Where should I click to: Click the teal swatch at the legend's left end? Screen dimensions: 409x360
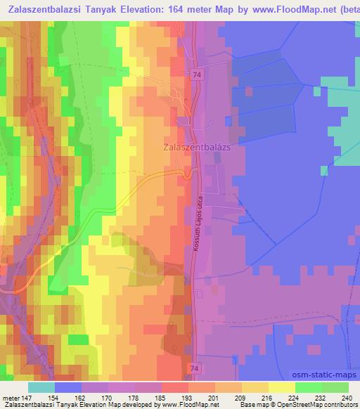pyautogui.click(x=41, y=387)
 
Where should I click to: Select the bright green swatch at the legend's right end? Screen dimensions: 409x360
pyautogui.click(x=335, y=387)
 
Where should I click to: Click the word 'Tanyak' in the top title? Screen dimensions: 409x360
pyautogui.click(x=99, y=9)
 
